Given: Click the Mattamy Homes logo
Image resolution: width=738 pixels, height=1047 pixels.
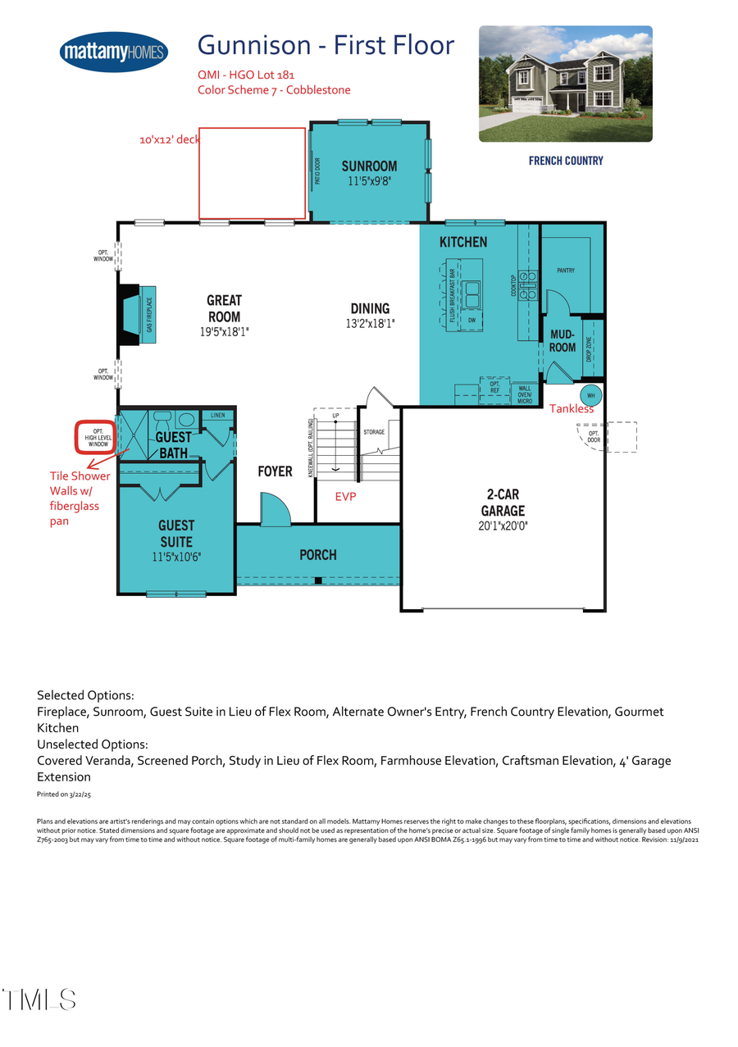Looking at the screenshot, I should [x=114, y=52].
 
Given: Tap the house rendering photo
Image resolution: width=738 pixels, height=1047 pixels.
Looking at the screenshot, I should [x=565, y=84].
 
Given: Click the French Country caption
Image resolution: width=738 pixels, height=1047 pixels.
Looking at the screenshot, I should [x=566, y=161].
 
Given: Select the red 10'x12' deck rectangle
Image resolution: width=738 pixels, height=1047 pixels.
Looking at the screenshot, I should [x=253, y=174].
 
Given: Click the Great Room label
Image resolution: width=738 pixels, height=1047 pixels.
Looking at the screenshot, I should [x=224, y=308].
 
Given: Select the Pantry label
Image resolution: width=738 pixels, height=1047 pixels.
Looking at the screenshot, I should [x=566, y=271].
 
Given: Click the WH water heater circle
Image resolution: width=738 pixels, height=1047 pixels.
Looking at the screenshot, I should [x=590, y=395].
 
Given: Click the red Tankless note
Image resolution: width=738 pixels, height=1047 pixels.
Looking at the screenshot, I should [x=572, y=408].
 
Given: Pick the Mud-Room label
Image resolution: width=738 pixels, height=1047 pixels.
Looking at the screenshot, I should [x=562, y=341].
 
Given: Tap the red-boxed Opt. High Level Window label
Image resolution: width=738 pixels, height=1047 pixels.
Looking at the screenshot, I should [x=98, y=437].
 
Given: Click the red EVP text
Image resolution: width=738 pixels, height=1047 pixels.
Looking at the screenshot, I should [x=346, y=497].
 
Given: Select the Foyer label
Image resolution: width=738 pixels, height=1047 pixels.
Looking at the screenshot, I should [x=275, y=471].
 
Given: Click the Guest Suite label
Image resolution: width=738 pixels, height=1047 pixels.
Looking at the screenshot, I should [x=176, y=533].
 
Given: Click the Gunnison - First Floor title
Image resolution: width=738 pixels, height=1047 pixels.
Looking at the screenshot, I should [x=326, y=45].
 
